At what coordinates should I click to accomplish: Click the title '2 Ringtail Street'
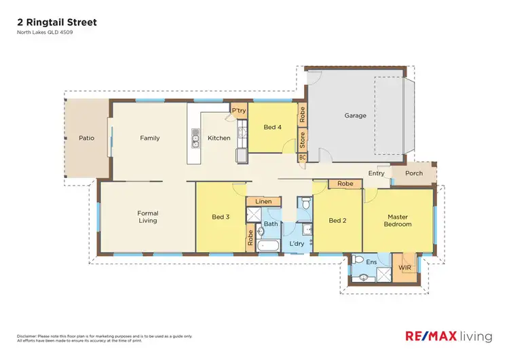click(57, 22)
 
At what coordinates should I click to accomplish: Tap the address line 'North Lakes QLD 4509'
click(45, 33)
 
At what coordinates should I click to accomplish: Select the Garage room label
click(355, 115)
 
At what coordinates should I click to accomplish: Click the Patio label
click(86, 138)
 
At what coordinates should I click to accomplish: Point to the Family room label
click(150, 138)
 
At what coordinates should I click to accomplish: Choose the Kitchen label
click(219, 138)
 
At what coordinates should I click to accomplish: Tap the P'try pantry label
click(238, 110)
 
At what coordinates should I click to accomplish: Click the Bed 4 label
click(273, 127)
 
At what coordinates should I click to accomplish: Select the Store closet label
click(303, 141)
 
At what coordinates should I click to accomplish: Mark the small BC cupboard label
click(303, 158)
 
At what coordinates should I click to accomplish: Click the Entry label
click(376, 173)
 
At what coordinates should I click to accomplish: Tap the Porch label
click(414, 173)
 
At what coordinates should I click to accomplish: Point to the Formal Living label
click(147, 217)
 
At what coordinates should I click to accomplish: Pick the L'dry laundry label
click(297, 243)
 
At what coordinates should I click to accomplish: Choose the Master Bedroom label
click(398, 220)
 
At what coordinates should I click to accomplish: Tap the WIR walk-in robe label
click(405, 268)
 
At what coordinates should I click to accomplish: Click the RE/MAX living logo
click(449, 336)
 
